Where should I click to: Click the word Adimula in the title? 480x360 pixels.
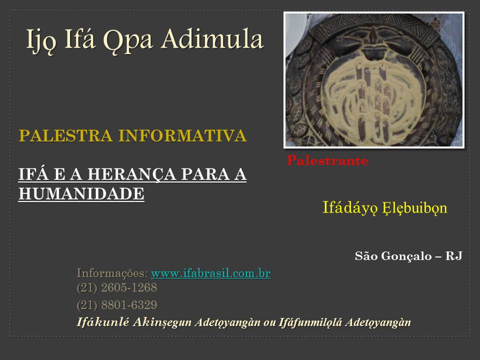click(x=212, y=39)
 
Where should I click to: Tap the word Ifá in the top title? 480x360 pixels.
click(x=79, y=38)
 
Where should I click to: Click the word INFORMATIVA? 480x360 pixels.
click(x=182, y=135)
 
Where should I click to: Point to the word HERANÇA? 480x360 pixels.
click(x=131, y=174)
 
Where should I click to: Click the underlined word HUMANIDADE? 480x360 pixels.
click(x=81, y=194)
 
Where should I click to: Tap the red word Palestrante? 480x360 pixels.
click(x=327, y=160)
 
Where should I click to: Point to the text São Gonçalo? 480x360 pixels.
click(x=393, y=256)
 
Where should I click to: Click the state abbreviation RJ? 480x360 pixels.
click(x=453, y=256)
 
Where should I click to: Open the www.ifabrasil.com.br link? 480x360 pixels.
click(x=210, y=273)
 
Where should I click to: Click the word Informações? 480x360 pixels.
click(x=112, y=273)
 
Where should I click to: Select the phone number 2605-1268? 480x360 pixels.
click(x=129, y=287)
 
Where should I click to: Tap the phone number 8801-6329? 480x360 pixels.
click(x=129, y=305)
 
